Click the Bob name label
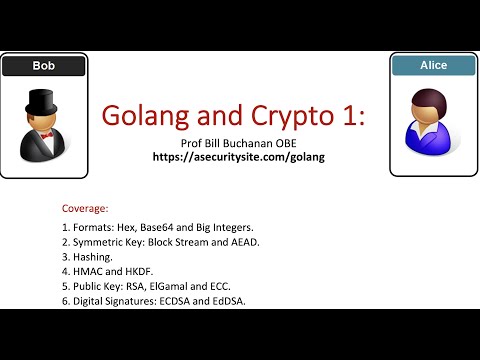point(41,67)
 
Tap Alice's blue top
point(431,135)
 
